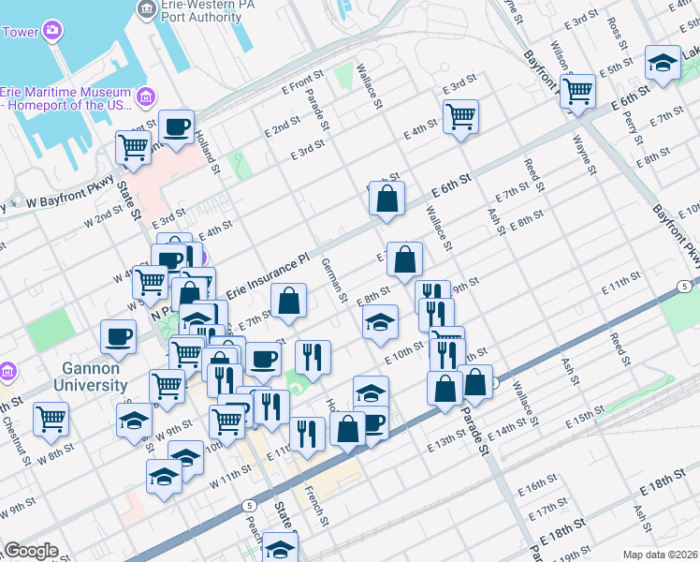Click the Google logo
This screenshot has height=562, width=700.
pyautogui.click(x=31, y=551)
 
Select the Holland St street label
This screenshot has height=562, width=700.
pyautogui.click(x=208, y=151)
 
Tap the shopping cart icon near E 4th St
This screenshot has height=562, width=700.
pyautogui.click(x=460, y=116)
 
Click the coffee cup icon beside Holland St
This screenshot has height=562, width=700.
pyautogui.click(x=176, y=126)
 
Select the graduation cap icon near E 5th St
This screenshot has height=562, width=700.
pyautogui.click(x=664, y=63)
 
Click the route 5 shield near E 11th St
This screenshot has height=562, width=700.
pyautogui.click(x=686, y=286)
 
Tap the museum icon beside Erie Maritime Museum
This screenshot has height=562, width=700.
pyautogui.click(x=145, y=96)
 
